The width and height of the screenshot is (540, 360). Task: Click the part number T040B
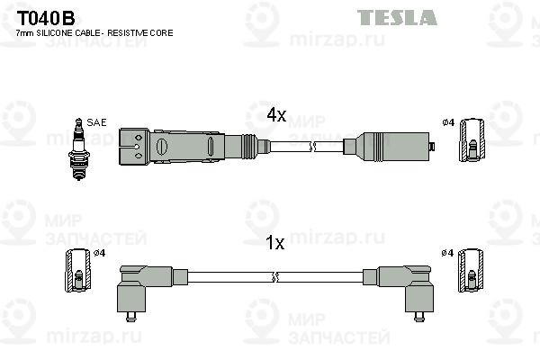coord(46,18)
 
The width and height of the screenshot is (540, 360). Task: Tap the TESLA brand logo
coord(397,18)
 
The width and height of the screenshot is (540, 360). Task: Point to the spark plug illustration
coord(79,148)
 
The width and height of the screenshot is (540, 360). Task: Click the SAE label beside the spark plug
coord(96,122)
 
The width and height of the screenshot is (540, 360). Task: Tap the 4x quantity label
coord(276,114)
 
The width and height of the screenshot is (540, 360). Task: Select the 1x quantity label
coord(274,243)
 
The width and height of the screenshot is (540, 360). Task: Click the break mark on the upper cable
coord(312,147)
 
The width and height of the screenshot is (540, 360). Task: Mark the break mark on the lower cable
coord(274,277)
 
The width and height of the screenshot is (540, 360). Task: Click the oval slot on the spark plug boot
coord(161,147)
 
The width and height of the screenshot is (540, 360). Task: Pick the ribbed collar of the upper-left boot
coord(249,147)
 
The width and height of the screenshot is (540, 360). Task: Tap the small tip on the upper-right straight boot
coord(432,147)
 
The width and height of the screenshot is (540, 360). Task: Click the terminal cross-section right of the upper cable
coord(472,139)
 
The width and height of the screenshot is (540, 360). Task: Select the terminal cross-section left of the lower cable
coord(78,270)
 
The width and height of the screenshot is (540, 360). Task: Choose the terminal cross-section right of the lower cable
coord(471,270)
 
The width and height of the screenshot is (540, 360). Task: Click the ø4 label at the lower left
coord(99,253)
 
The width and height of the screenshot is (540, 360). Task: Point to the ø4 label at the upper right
coord(448,122)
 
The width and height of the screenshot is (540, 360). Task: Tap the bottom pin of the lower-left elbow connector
coord(130,317)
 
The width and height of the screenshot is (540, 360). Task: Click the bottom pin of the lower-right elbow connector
coord(419,317)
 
